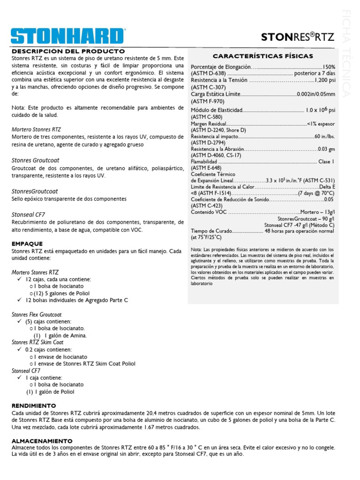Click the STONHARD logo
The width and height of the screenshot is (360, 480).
point(68,37)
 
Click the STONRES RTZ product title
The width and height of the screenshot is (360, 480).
point(298,37)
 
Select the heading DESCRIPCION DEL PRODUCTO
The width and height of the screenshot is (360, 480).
point(68,51)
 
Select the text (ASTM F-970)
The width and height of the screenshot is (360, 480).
point(208,101)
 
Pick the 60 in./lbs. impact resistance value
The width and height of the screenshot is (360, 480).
point(325,136)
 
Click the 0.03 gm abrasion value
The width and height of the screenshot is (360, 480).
point(326,149)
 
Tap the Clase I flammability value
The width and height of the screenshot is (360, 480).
point(326,161)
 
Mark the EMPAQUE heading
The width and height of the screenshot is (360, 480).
point(27,244)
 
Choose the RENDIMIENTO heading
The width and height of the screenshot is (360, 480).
point(33,405)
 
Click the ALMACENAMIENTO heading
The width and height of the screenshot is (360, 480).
point(42,441)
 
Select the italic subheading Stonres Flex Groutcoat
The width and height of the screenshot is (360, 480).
point(37,315)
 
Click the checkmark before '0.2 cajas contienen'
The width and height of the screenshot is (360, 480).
point(20,350)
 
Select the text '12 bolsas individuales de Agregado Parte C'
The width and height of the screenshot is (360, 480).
point(76,300)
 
